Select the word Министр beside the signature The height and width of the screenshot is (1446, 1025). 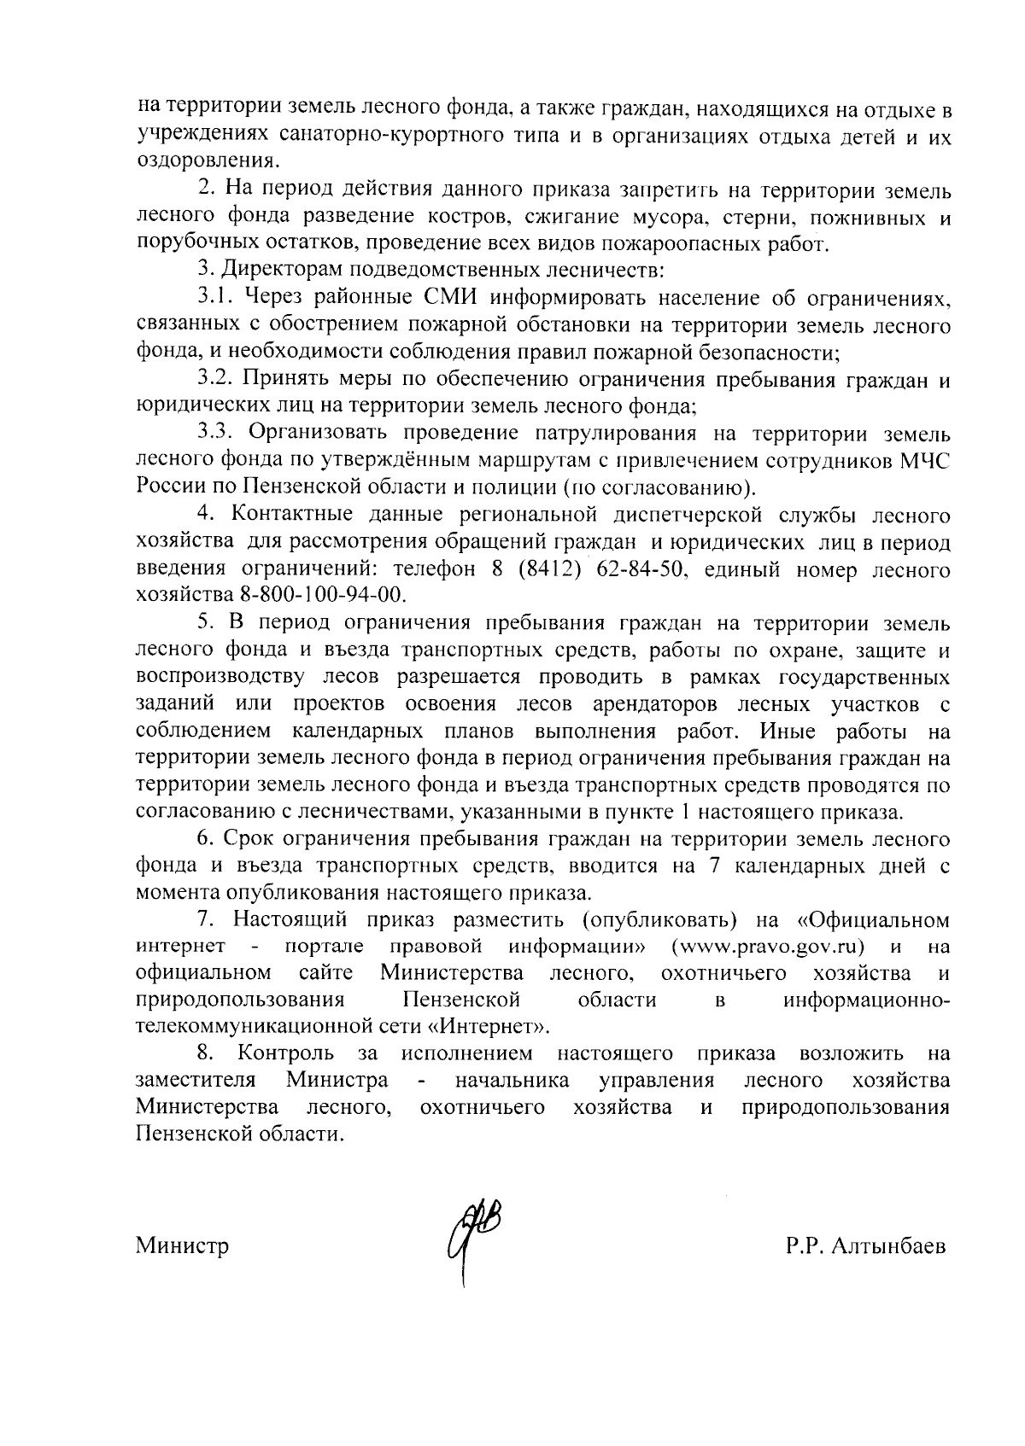(182, 1246)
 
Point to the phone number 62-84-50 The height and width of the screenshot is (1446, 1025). (648, 569)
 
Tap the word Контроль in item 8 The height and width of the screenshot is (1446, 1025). (286, 1052)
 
